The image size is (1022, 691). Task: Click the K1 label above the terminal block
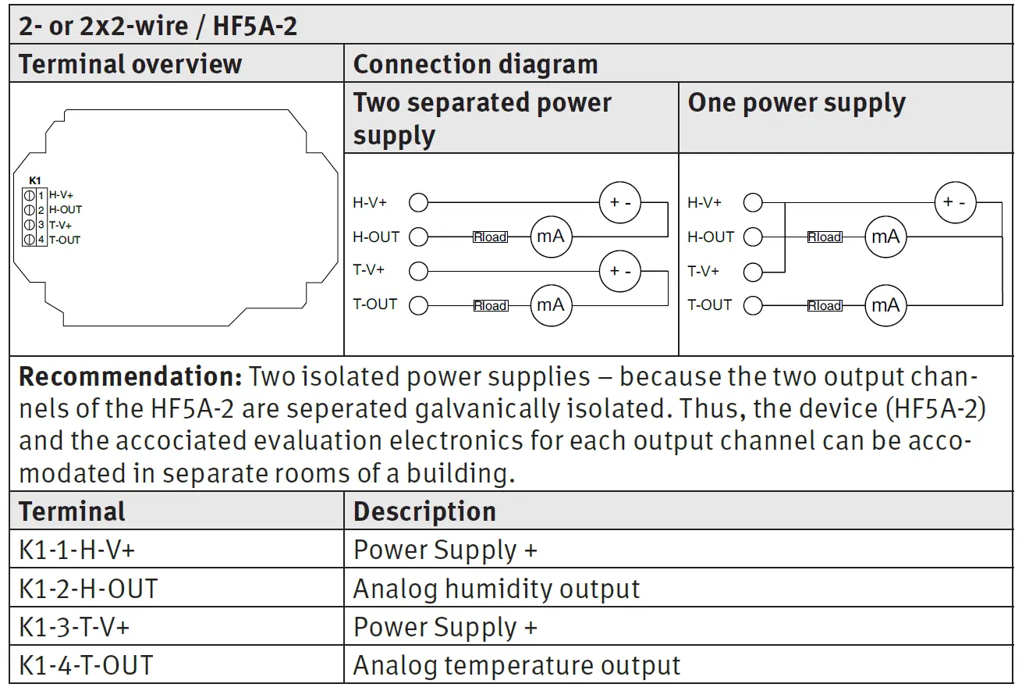[34, 180]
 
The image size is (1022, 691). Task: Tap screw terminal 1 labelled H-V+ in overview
[29, 195]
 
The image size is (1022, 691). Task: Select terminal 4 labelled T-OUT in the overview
[29, 240]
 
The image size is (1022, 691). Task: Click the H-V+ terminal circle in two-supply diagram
[419, 203]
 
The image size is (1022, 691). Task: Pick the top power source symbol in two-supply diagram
[620, 203]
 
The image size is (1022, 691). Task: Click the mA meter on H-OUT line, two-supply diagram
[552, 237]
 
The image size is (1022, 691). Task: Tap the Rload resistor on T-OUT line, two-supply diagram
[490, 305]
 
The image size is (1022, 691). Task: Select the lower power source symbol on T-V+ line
[620, 271]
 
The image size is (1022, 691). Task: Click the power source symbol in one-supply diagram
[955, 202]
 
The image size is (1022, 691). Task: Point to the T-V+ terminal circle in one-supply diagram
[753, 272]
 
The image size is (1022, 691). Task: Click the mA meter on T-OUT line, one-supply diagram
[885, 305]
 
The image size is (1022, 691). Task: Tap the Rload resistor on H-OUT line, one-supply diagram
[825, 237]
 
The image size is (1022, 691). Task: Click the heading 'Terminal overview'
[130, 64]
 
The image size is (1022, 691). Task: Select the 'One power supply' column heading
[797, 103]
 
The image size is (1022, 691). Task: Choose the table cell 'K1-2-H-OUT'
[88, 589]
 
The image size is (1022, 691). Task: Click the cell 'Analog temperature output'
[516, 665]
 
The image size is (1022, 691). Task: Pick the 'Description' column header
[424, 511]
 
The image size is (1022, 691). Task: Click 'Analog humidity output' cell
[496, 589]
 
